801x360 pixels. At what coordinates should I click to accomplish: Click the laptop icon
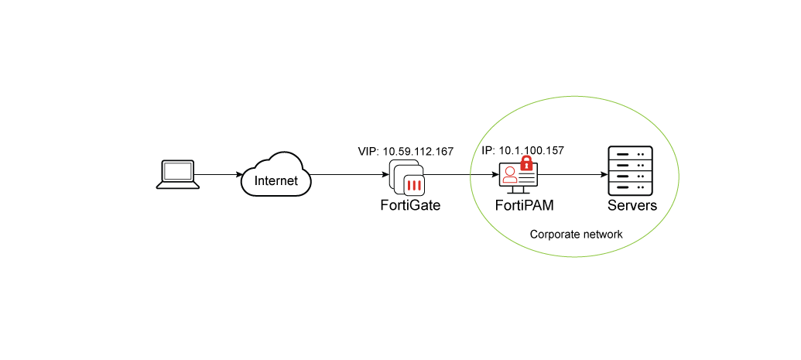(x=178, y=174)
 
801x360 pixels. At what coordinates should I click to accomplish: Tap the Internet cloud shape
(x=276, y=173)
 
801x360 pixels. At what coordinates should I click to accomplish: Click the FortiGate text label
(x=409, y=206)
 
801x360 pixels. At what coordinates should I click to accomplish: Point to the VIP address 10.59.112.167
(x=405, y=150)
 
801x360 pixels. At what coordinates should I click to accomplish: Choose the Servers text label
(x=632, y=206)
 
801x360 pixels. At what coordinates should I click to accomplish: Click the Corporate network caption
(x=576, y=234)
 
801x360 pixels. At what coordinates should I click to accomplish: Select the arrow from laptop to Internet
(x=221, y=174)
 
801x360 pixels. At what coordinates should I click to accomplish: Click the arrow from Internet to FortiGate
(x=348, y=174)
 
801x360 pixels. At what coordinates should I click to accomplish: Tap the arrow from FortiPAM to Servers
(x=573, y=174)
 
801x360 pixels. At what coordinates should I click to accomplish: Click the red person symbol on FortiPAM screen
(x=509, y=175)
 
